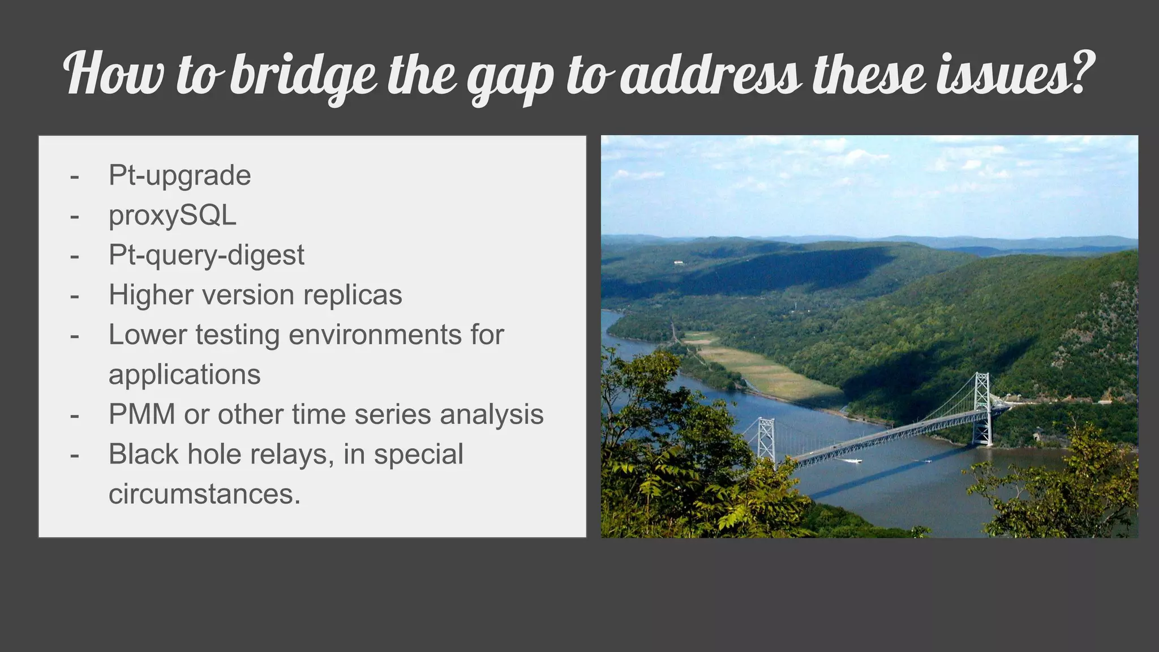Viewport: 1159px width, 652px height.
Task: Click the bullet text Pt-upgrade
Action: [x=179, y=175]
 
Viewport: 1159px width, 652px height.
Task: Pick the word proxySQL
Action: [x=172, y=215]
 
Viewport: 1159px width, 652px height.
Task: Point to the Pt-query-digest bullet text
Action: [x=206, y=255]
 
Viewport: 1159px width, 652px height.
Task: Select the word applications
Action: [x=184, y=375]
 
